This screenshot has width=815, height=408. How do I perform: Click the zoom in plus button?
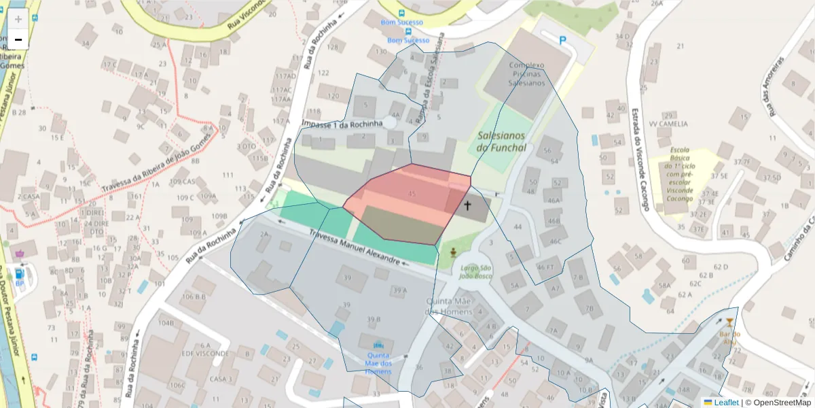click(x=18, y=18)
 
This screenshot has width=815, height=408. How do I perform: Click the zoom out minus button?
click(x=18, y=39)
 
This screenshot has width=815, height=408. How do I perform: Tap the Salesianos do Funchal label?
click(x=501, y=141)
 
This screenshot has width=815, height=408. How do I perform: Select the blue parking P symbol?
click(x=562, y=40)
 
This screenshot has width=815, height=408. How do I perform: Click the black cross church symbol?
click(x=467, y=205)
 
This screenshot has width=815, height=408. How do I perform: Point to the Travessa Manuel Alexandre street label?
click(x=354, y=246)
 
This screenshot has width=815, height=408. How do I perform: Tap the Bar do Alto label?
click(x=729, y=338)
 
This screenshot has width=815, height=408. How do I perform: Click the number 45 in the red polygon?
click(x=412, y=194)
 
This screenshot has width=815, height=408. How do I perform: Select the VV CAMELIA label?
click(x=668, y=124)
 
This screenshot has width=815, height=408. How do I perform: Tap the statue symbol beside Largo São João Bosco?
click(x=453, y=254)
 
